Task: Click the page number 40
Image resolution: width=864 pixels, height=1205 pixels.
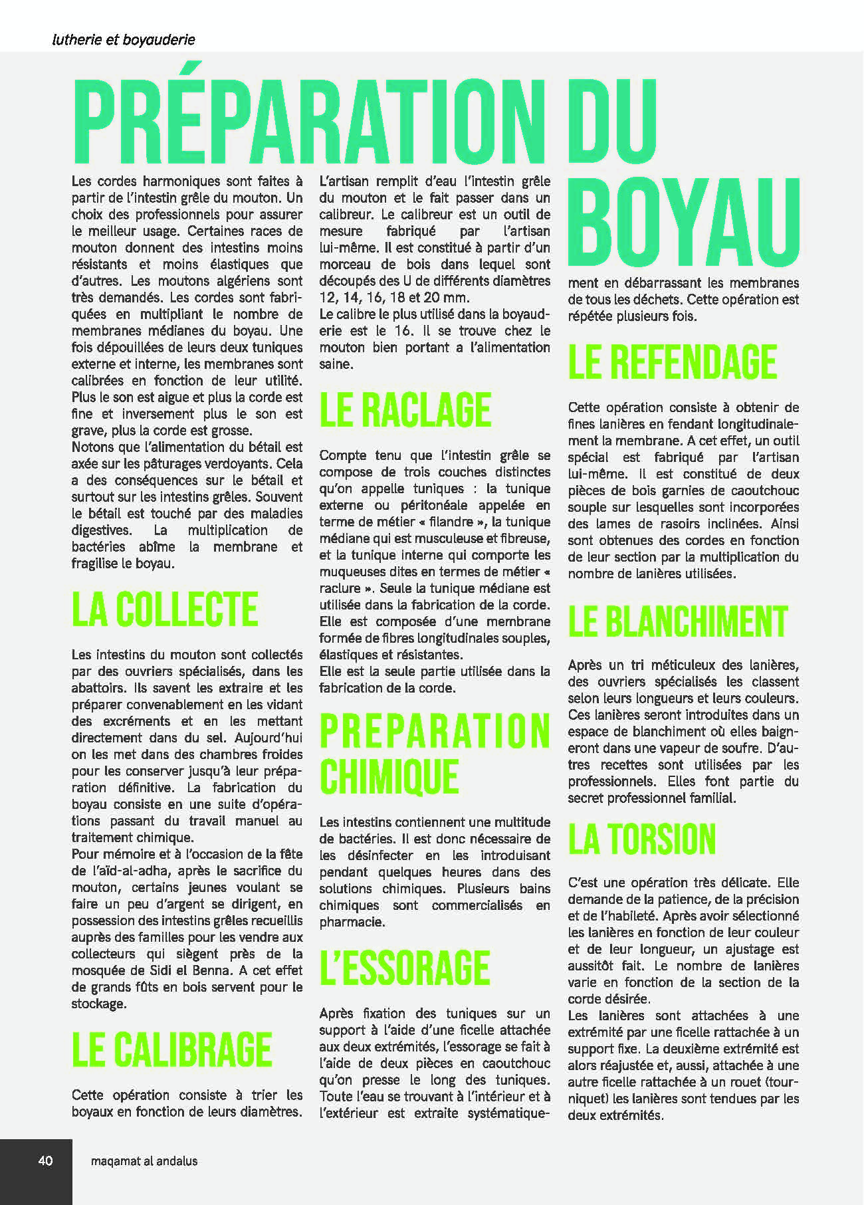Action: coord(45,1160)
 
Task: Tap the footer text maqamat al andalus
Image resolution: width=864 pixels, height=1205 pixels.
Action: coord(144,1161)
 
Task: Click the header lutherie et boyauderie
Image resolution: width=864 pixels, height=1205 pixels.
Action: coord(124,40)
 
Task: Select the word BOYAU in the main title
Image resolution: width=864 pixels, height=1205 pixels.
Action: coord(683,222)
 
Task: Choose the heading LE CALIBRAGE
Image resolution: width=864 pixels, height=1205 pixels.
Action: coord(171,1049)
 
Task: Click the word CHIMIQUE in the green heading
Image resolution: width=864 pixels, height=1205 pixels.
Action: coord(389,776)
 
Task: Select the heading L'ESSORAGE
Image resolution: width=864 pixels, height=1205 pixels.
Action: coord(404,968)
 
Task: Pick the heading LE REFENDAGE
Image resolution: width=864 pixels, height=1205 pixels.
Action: coord(672,362)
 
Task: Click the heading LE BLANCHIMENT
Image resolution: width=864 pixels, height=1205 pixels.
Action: coord(677,621)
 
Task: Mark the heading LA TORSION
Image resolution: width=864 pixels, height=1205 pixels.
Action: coord(641,839)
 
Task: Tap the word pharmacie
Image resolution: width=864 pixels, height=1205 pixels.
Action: coord(352,922)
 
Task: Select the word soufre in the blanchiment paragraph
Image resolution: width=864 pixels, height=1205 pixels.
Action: coord(718,748)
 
